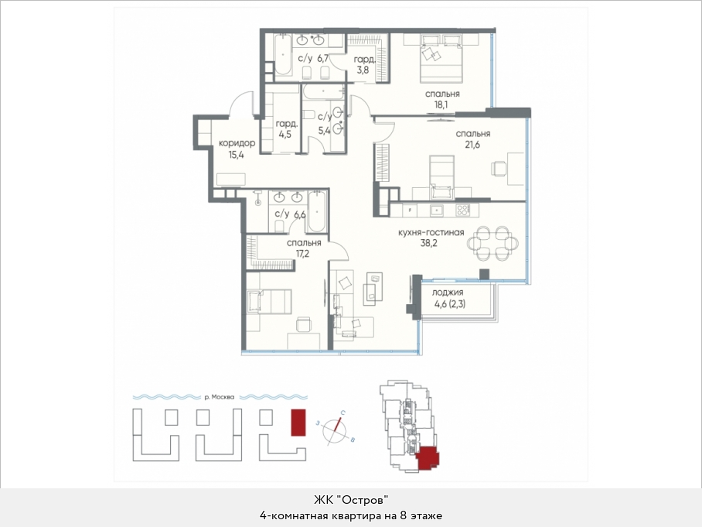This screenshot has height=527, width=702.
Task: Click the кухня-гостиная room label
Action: [x=431, y=233]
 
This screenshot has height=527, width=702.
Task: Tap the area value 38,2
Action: [x=428, y=243]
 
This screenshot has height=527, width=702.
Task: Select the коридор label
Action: [x=237, y=143]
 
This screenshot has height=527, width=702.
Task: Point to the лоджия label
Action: [x=448, y=293]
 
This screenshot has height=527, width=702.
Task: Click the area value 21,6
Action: [x=472, y=145]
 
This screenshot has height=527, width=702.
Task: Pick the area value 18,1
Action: [x=441, y=105]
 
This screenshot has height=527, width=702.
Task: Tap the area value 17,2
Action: [x=302, y=254]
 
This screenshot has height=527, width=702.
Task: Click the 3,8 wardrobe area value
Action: [x=363, y=70]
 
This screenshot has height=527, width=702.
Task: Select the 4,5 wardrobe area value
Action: [x=285, y=134]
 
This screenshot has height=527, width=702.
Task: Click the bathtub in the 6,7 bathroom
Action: [x=283, y=54]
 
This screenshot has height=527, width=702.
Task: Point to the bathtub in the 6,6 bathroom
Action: [x=317, y=211]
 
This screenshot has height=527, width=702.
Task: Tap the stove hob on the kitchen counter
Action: [x=462, y=209]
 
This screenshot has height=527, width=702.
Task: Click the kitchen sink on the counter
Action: [x=437, y=209]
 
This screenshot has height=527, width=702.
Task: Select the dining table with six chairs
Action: [x=493, y=243]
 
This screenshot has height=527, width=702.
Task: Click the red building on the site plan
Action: [x=298, y=423]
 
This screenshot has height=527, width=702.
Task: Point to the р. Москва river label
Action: [x=219, y=397]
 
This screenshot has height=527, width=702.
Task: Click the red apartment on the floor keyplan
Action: [x=428, y=458]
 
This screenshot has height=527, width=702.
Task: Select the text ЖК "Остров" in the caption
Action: [x=351, y=500]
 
